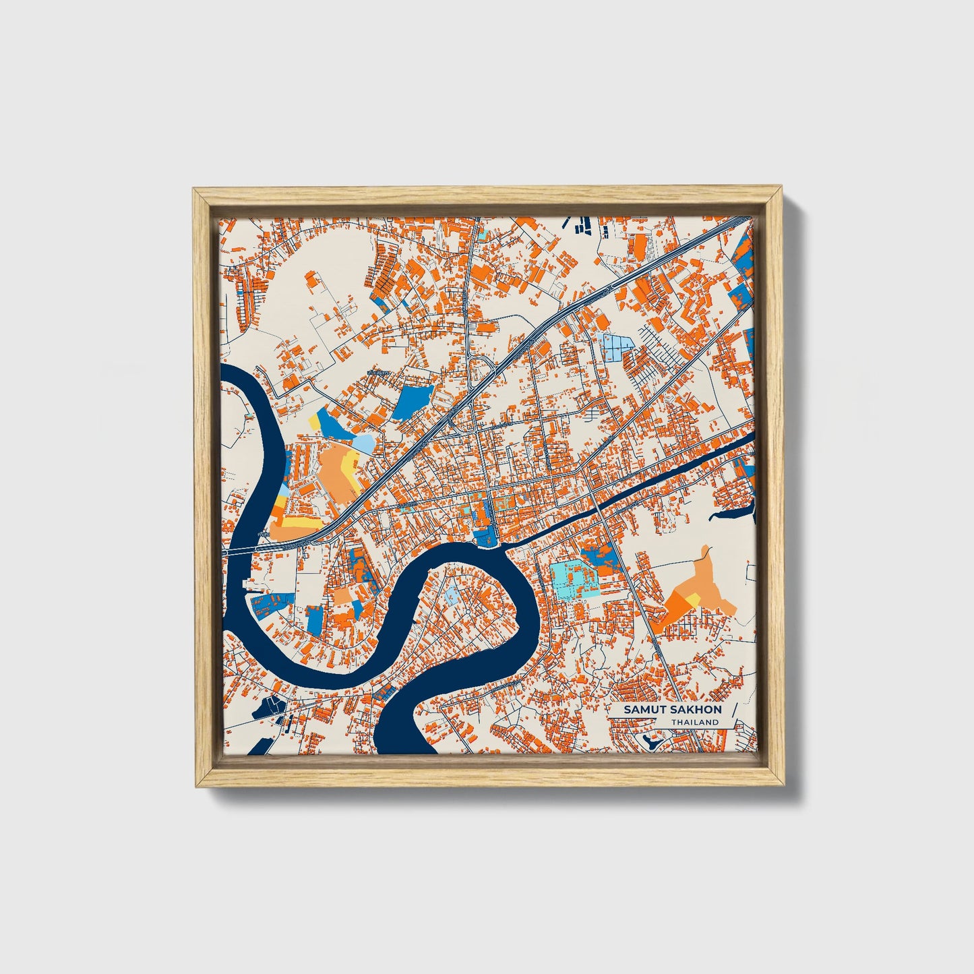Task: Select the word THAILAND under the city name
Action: [694, 723]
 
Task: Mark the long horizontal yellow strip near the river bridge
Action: [290, 522]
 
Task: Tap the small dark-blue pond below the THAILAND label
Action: [652, 741]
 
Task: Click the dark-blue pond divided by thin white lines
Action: [272, 705]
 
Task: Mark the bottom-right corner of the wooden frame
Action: [785, 785]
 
